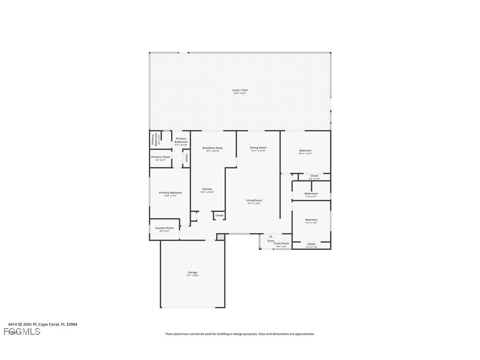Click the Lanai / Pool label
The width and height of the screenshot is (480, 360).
tap(240, 90)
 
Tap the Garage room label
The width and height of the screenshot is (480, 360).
tap(193, 272)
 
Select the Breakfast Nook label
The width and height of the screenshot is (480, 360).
tap(213, 148)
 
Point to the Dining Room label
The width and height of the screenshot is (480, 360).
tap(259, 148)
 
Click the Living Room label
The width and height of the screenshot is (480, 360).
tap(254, 200)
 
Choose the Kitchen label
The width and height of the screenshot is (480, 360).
tap(207, 189)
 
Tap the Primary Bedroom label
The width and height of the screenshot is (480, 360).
tap(170, 193)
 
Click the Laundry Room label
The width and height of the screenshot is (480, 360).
tap(164, 228)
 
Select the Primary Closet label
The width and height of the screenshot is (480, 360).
tap(160, 157)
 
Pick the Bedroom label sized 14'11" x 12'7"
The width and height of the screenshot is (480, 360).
tap(305, 151)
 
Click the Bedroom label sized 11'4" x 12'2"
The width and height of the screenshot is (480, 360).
tap(311, 220)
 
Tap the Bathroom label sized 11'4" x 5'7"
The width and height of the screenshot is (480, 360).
tap(311, 194)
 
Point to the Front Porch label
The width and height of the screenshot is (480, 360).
tap(282, 244)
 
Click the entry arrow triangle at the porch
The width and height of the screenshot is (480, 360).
tap(271, 236)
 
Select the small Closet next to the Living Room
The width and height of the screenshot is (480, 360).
tap(219, 215)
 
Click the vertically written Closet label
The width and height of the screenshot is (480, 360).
tap(187, 158)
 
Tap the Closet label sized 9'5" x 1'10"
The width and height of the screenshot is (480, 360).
tap(314, 176)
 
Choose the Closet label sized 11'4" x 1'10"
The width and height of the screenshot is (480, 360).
tap(311, 244)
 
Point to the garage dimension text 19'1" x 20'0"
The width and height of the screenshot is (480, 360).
tap(193, 276)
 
